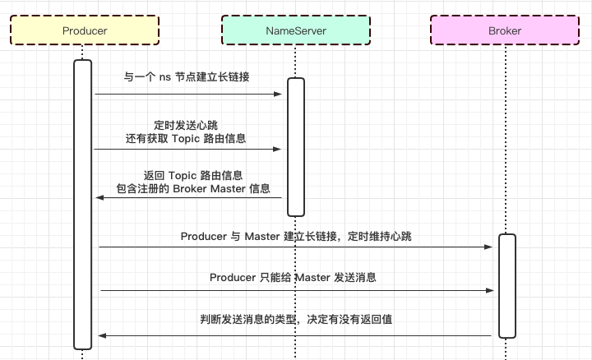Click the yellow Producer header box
pyautogui.click(x=85, y=30)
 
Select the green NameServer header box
pyautogui.click(x=296, y=30)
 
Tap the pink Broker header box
pyautogui.click(x=505, y=30)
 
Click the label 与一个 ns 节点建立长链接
pyautogui.click(x=187, y=77)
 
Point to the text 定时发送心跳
pyautogui.click(x=186, y=125)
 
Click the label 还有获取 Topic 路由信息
pyautogui.click(x=186, y=138)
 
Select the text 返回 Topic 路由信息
pyautogui.click(x=193, y=175)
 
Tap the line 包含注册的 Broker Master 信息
pyautogui.click(x=193, y=189)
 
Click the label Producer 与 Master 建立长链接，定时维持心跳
pyautogui.click(x=296, y=237)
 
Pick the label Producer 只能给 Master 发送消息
pyautogui.click(x=293, y=278)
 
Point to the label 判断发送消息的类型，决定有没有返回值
pyautogui.click(x=296, y=320)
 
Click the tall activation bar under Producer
pyautogui.click(x=83, y=204)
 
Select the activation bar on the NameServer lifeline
pyautogui.click(x=296, y=147)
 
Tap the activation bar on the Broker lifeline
pyautogui.click(x=507, y=286)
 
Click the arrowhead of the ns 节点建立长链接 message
pyautogui.click(x=278, y=94)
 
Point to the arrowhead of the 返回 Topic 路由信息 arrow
pyautogui.click(x=100, y=198)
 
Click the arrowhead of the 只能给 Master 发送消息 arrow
pyautogui.click(x=490, y=291)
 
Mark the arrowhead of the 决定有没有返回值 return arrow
pyautogui.click(x=102, y=335)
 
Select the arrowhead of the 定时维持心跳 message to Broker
pyautogui.click(x=488, y=247)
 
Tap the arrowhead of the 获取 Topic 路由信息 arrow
pyautogui.click(x=277, y=149)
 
